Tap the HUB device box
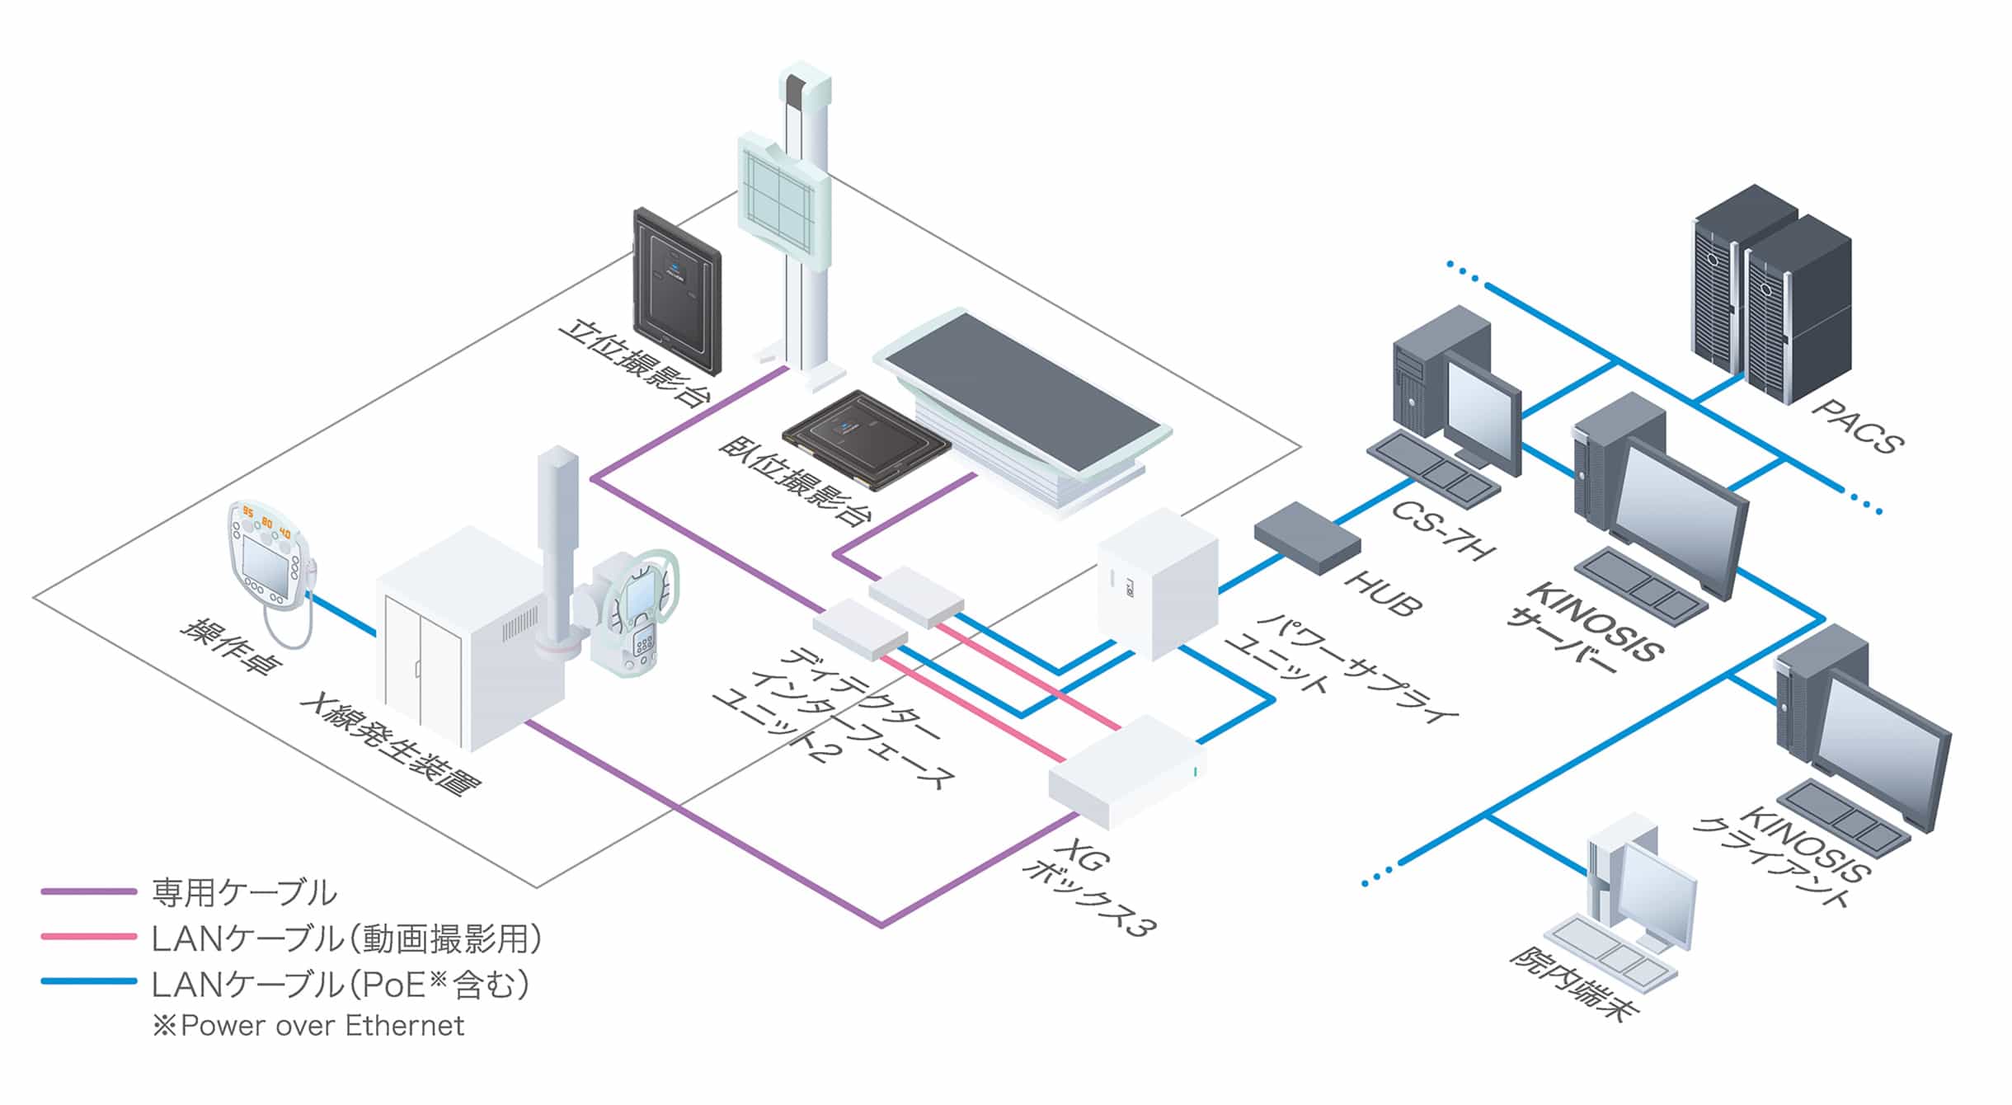pos(1306,537)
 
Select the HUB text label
pos(1382,592)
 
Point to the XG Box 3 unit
pos(1126,772)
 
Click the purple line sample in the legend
pos(88,891)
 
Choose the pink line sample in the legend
pos(88,937)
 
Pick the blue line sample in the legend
pos(88,981)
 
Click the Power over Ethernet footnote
pos(308,1026)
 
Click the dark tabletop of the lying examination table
pos(1022,393)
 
